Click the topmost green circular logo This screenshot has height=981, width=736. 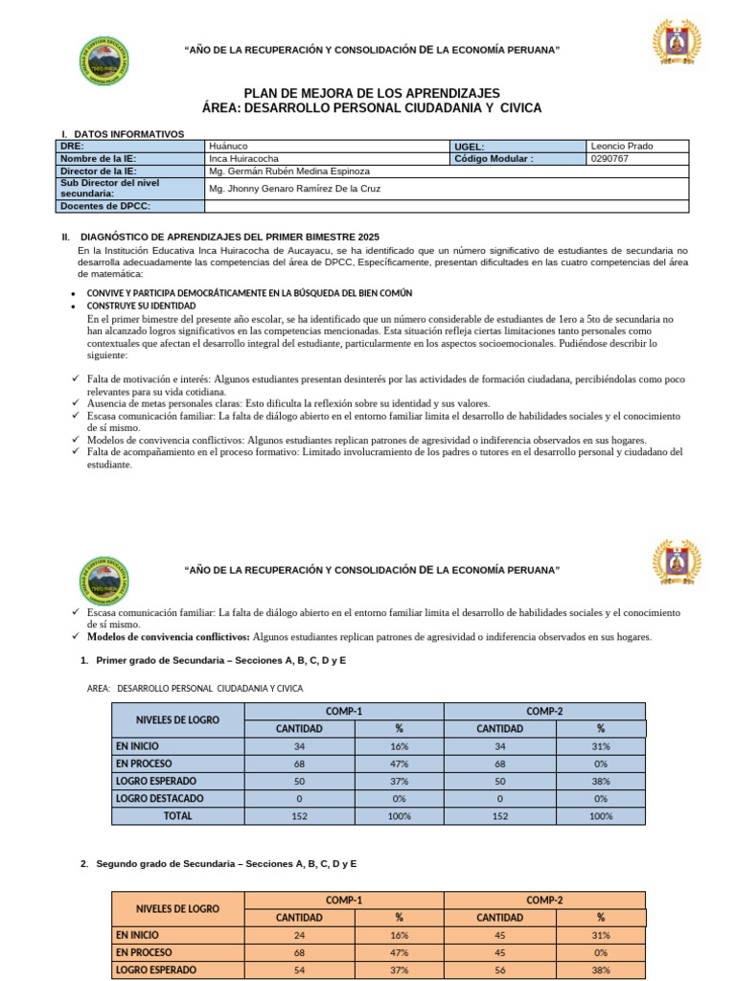(x=101, y=60)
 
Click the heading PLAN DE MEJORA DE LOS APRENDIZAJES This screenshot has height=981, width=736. (x=372, y=93)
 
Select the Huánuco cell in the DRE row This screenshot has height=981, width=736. (x=228, y=146)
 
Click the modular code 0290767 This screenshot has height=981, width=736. (x=610, y=159)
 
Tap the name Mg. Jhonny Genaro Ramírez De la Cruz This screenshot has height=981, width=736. (x=294, y=189)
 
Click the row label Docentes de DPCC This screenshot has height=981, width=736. (x=105, y=206)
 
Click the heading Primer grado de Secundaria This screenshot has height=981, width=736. (x=220, y=661)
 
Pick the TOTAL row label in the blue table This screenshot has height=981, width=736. (x=177, y=816)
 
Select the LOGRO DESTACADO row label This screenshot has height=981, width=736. (x=159, y=798)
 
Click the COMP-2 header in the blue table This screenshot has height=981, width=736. (x=544, y=711)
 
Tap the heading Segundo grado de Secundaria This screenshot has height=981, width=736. (x=225, y=864)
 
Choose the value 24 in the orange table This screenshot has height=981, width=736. (x=299, y=935)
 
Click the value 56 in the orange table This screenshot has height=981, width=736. (x=499, y=970)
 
